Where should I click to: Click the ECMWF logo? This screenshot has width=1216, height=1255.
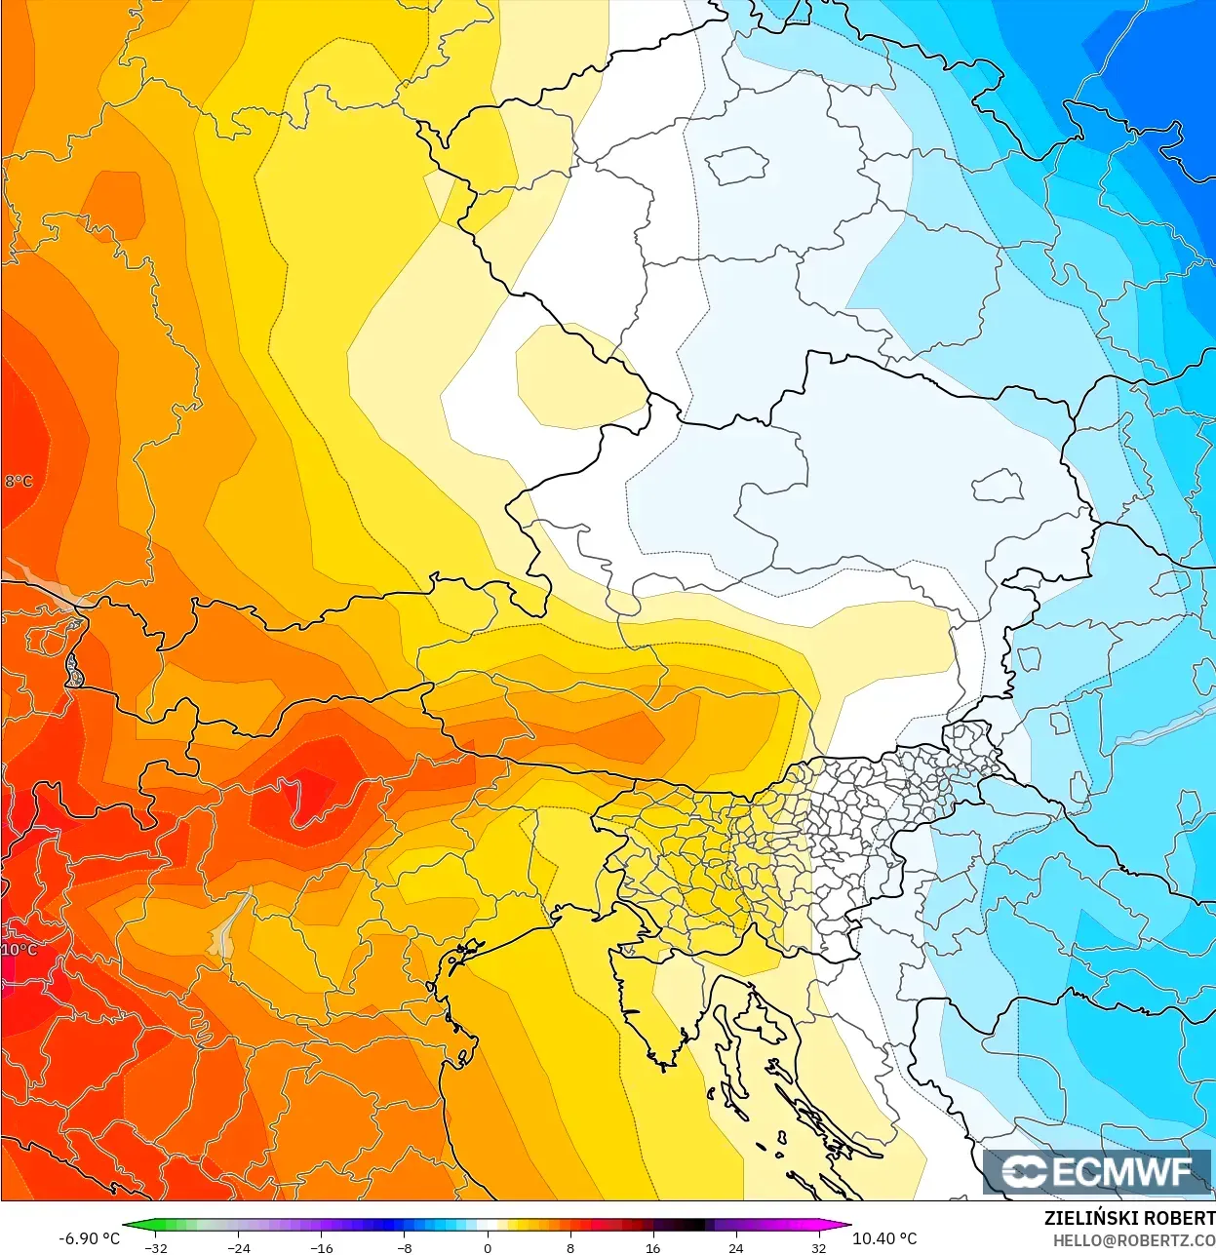coord(1098,1171)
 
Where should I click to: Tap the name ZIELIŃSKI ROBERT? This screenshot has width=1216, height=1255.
coord(1129,1218)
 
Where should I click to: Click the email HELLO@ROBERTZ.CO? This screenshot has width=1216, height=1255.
coord(1133,1240)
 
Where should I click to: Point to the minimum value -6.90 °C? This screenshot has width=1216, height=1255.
coord(89,1238)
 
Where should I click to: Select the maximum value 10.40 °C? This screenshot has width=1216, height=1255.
coord(884,1238)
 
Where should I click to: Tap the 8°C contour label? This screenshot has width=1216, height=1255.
coord(19,481)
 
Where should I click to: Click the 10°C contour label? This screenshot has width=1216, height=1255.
coord(20,949)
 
